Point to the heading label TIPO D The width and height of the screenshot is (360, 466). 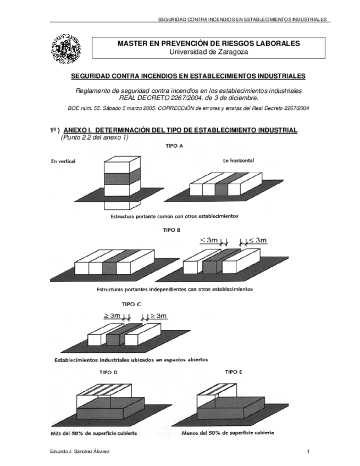108,372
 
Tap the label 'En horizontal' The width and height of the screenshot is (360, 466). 239,161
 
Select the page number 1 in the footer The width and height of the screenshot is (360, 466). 309,451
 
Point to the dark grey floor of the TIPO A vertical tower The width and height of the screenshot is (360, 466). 119,178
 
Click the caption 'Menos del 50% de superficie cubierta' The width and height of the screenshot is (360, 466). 228,432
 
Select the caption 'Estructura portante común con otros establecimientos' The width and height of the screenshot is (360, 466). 174,217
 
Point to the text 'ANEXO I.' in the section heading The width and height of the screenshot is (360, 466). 81,130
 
